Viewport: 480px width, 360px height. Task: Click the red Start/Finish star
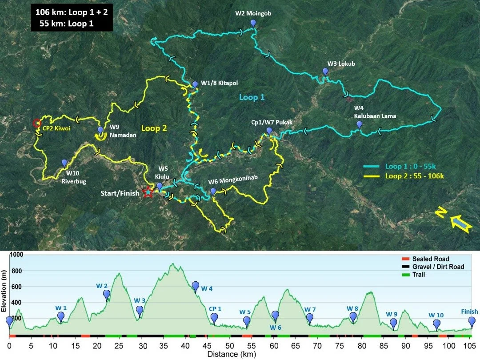click(x=148, y=192)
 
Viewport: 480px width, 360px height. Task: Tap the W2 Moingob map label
click(x=253, y=13)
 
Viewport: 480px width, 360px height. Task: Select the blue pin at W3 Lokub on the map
click(x=325, y=71)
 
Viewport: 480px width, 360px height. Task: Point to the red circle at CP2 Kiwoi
click(x=37, y=123)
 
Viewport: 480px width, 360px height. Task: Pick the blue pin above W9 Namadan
click(x=100, y=130)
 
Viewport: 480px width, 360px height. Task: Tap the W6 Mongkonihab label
click(x=239, y=181)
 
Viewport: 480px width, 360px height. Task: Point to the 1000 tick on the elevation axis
click(x=17, y=255)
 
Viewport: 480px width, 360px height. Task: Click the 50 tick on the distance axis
click(x=229, y=345)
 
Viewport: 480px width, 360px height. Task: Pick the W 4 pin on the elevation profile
click(x=196, y=286)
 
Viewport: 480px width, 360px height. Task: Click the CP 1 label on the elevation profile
click(x=215, y=309)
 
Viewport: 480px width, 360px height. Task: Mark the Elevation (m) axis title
click(x=5, y=289)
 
